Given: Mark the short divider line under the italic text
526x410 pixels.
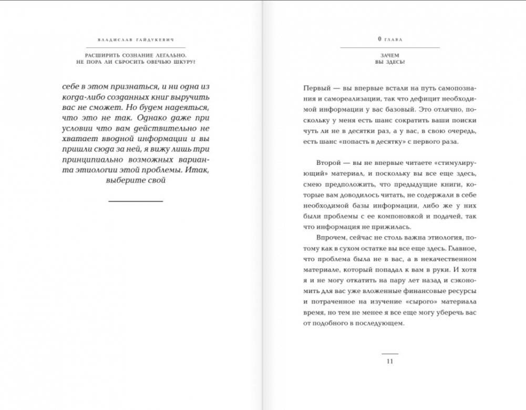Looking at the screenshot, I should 136,201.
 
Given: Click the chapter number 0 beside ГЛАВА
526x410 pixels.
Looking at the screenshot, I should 379,39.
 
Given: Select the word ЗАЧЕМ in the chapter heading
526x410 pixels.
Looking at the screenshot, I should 389,55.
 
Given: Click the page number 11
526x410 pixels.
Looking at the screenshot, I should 389,361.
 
